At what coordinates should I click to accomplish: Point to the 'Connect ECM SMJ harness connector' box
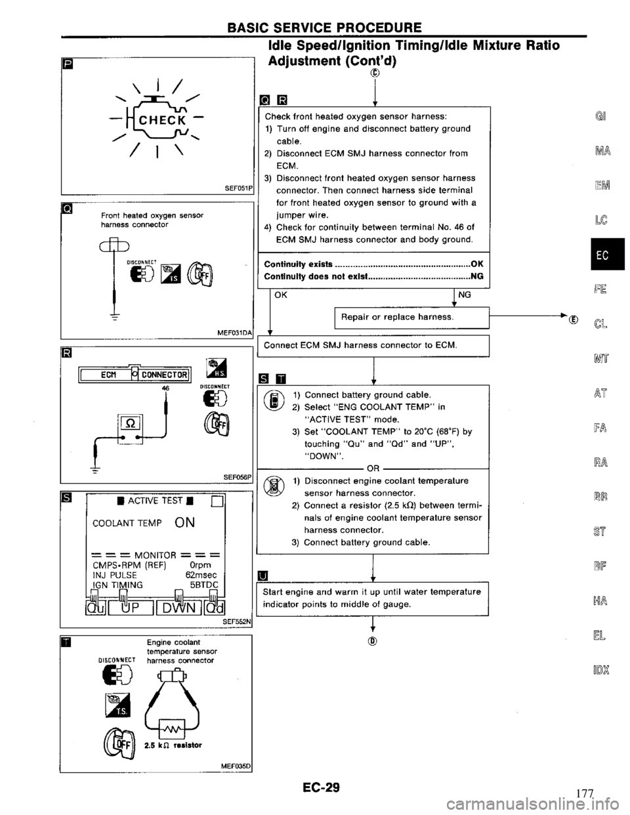[x=371, y=345]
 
